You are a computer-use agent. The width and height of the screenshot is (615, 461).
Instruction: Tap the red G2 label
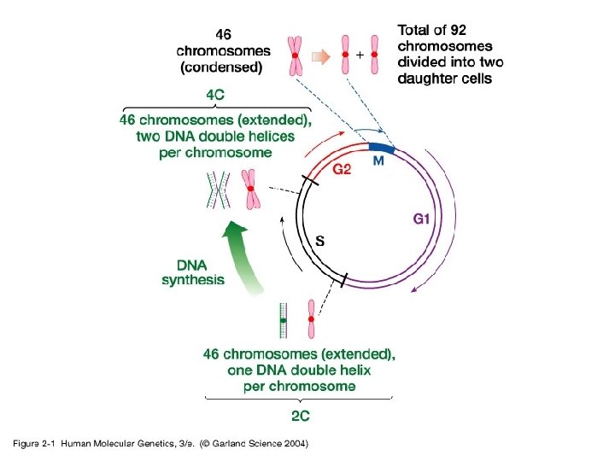[x=342, y=170]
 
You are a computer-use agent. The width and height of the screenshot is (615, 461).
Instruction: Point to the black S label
[x=319, y=242]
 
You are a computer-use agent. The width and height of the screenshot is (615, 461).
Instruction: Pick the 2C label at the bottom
[x=300, y=417]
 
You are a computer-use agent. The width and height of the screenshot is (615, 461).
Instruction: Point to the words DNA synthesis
[x=193, y=271]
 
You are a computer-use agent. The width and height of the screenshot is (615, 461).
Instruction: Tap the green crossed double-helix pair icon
[x=217, y=189]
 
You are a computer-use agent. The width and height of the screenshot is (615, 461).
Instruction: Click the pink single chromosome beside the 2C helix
[x=313, y=319]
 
